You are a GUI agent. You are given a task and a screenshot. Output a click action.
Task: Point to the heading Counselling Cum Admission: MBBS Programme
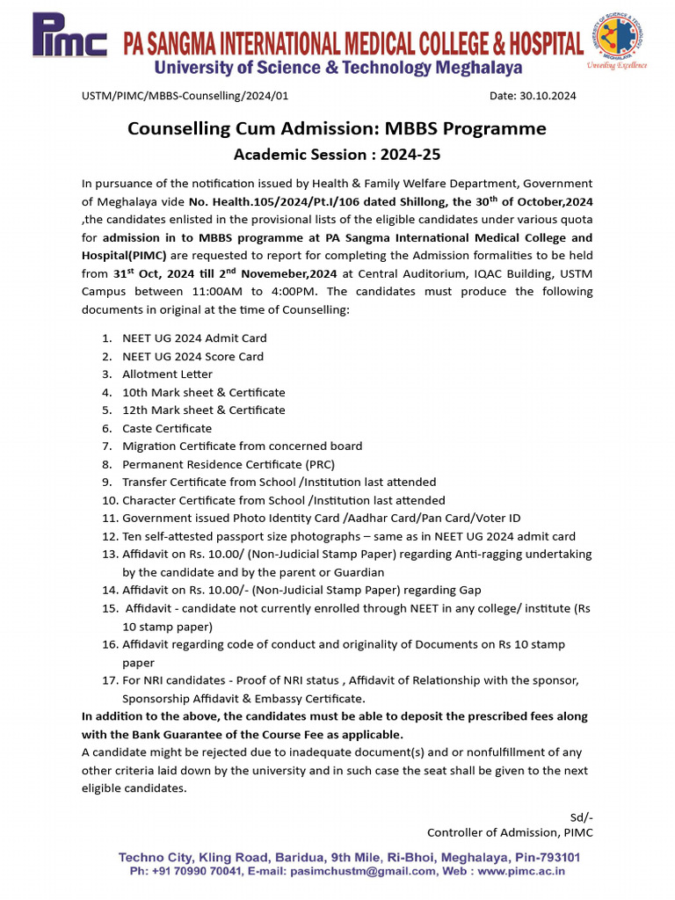(337, 128)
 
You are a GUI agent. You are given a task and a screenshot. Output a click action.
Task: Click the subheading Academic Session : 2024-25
(337, 156)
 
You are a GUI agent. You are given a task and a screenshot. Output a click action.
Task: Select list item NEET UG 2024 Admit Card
(194, 338)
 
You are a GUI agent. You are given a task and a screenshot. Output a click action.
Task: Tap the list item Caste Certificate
(167, 428)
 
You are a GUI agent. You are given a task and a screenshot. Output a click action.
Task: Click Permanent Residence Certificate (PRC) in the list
(229, 464)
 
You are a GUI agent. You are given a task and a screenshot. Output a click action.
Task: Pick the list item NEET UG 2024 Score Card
(192, 356)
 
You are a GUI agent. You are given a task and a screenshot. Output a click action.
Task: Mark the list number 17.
(108, 680)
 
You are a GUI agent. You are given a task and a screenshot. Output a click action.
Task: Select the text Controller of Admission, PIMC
(510, 832)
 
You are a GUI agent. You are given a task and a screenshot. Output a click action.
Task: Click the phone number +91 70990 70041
(194, 871)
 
